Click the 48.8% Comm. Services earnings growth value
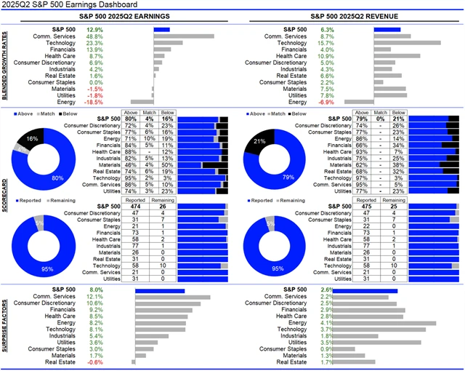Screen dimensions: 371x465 pyautogui.click(x=94, y=36)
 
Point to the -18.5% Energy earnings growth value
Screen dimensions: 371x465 pyautogui.click(x=94, y=101)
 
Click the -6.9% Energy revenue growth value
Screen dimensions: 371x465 pyautogui.click(x=327, y=101)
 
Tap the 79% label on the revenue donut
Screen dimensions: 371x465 pyautogui.click(x=267, y=176)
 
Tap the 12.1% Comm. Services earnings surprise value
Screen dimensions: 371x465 pyautogui.click(x=94, y=297)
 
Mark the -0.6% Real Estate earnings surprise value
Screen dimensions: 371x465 pyautogui.click(x=94, y=362)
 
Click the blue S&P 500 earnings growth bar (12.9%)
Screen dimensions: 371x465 pyautogui.click(x=161, y=29)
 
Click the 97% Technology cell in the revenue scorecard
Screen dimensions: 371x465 pyautogui.click(x=365, y=177)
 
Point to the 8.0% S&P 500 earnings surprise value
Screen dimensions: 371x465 pyautogui.click(x=95, y=290)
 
